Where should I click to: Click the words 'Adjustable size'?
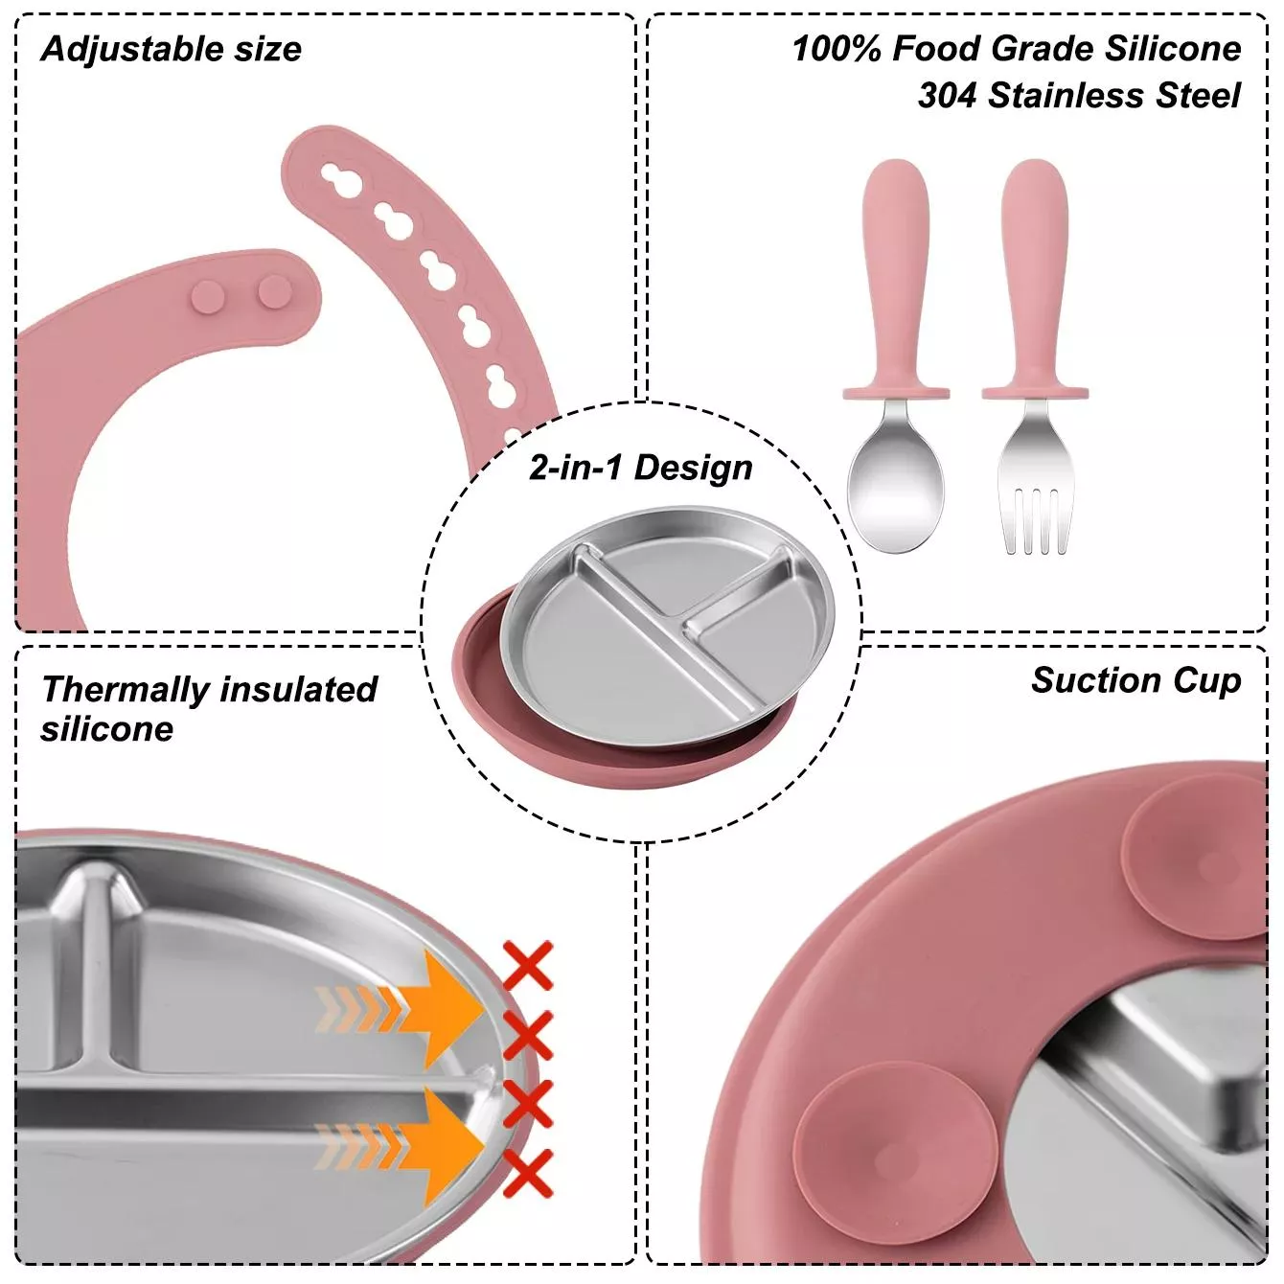coord(172,49)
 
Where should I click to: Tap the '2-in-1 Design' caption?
coord(640,468)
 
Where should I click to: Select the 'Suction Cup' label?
coord(1135,680)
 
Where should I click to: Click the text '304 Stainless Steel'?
coord(1078,96)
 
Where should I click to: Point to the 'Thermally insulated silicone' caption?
coord(209,708)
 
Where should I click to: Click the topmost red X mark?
coord(528,965)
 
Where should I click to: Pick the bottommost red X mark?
coord(528,1173)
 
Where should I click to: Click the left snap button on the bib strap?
coord(208,296)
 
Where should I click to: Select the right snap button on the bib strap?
coord(274,291)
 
